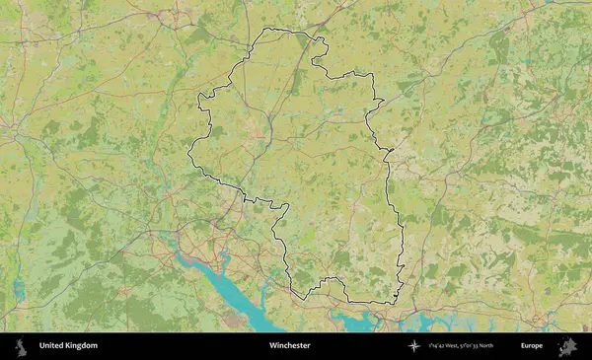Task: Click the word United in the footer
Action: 52,346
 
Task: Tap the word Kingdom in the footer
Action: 82,346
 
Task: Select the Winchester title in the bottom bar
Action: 289,346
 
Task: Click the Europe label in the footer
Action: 532,346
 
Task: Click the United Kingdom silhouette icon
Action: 19,346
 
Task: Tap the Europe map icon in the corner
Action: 567,346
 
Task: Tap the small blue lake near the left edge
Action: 18,290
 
